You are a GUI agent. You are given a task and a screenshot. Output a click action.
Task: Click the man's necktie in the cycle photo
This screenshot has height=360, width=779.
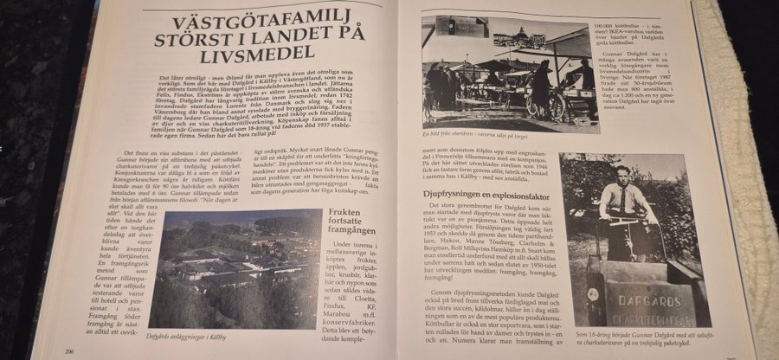[624, 200]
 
